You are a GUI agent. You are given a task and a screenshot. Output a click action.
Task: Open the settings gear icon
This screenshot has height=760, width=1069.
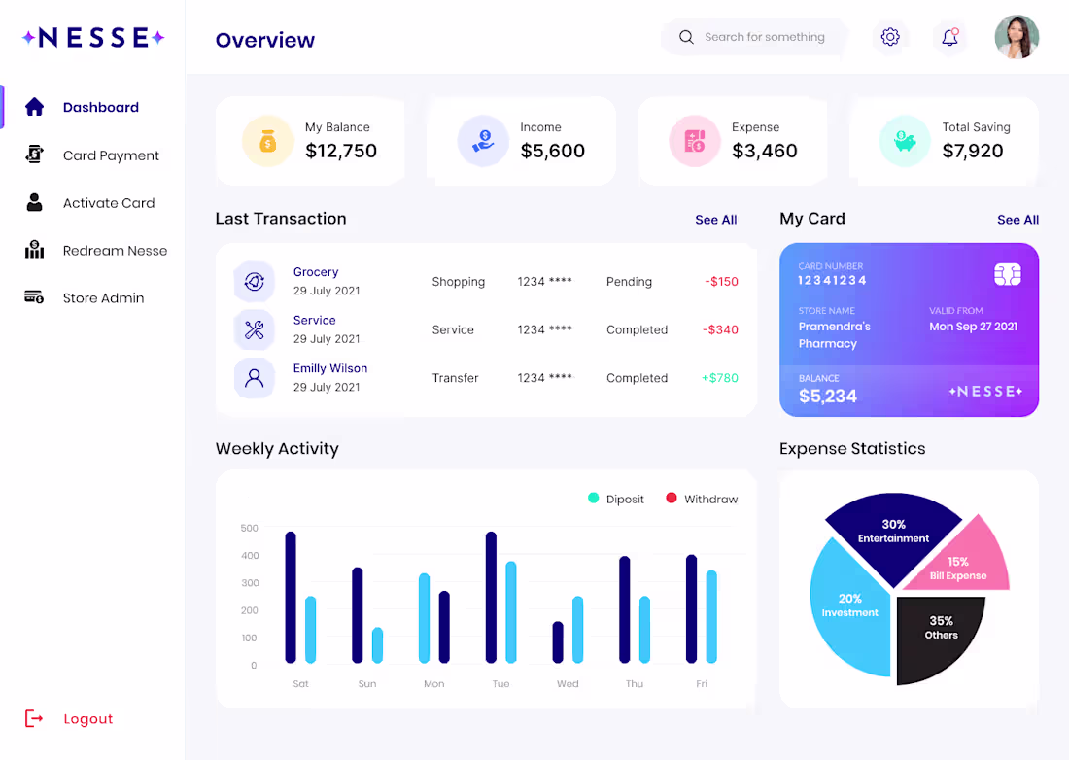click(889, 37)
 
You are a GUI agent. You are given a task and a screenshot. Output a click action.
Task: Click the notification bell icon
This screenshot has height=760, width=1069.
click(949, 37)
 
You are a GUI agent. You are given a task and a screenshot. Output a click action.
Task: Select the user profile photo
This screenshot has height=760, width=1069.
click(1017, 37)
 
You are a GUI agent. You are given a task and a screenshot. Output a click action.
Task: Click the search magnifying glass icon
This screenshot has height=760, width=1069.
click(686, 37)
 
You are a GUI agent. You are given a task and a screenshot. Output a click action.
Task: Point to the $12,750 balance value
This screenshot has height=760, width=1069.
click(341, 151)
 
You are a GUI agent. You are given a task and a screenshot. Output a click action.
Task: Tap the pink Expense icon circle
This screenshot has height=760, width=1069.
click(695, 141)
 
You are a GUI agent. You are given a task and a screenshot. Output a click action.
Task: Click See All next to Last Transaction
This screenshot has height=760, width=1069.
click(716, 220)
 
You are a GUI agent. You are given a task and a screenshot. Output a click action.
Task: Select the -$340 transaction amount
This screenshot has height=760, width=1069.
click(721, 329)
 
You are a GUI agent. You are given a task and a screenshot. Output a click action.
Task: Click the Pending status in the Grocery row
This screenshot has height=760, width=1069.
click(630, 282)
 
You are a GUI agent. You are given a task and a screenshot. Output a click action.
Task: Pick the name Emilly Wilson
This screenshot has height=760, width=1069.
click(330, 368)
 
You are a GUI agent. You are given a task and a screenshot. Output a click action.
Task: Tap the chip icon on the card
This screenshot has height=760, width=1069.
click(1007, 275)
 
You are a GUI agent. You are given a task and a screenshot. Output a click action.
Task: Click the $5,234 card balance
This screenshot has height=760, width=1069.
click(828, 396)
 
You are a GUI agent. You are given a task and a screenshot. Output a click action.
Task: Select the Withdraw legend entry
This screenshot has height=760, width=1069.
click(702, 499)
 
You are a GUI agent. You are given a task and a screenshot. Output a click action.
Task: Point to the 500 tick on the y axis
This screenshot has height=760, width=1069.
click(250, 529)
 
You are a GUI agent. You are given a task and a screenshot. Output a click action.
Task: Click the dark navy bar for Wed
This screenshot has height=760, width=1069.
click(558, 642)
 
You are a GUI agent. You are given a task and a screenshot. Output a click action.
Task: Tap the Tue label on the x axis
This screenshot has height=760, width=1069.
click(501, 683)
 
